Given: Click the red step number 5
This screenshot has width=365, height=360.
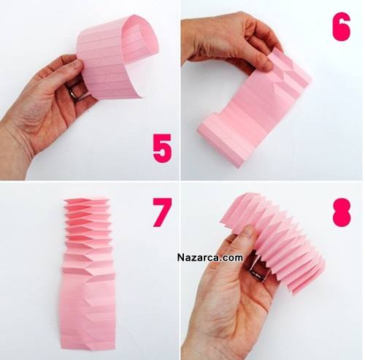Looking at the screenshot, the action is [162, 148].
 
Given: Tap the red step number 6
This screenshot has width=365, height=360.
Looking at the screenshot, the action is [342, 26].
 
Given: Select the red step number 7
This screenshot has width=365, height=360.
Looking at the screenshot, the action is [162, 212].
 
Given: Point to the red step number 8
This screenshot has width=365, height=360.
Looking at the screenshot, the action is [341, 212].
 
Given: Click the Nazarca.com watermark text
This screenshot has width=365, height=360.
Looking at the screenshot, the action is [210, 257].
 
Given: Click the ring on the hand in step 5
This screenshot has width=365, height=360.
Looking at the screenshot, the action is [74, 93].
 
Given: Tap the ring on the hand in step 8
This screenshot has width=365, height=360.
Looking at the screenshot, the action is [258, 273].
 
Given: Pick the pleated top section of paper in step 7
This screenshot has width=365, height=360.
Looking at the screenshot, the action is [87, 234].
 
